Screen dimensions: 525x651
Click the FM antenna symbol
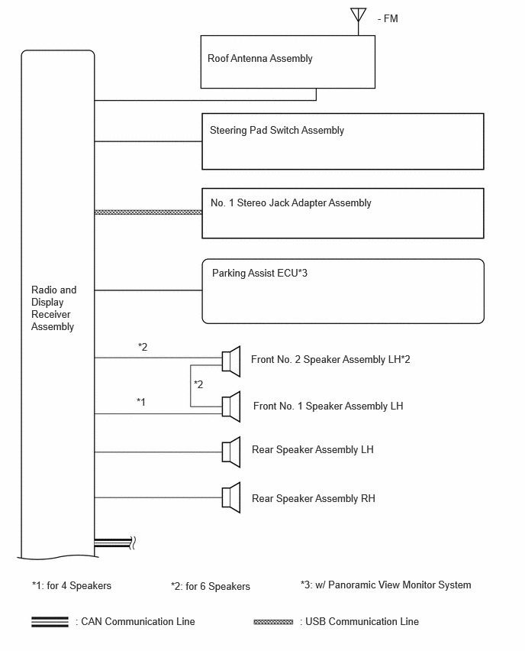pyautogui.click(x=359, y=21)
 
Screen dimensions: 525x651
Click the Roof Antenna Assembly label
pyautogui.click(x=260, y=59)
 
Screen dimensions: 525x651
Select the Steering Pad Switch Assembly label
pyautogui.click(x=277, y=131)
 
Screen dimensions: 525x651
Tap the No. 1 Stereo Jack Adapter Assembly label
pyautogui.click(x=291, y=202)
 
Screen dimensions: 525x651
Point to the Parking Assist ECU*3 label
pyautogui.click(x=259, y=274)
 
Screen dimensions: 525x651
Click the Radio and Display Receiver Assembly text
pyautogui.click(x=54, y=308)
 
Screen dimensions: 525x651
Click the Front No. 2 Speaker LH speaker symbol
pyautogui.click(x=231, y=361)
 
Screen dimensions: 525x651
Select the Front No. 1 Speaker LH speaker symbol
pyautogui.click(x=231, y=406)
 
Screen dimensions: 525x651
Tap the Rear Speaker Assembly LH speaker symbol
pyautogui.click(x=231, y=452)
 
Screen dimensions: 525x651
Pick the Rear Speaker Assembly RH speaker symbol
pyautogui.click(x=231, y=497)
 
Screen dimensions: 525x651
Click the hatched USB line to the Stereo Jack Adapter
pyautogui.click(x=149, y=212)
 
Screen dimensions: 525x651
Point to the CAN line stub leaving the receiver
pyautogui.click(x=113, y=542)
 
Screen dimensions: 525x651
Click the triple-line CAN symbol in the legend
pyautogui.click(x=50, y=621)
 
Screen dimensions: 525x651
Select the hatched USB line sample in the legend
pyautogui.click(x=273, y=622)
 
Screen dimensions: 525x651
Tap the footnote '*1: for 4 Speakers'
pyautogui.click(x=72, y=586)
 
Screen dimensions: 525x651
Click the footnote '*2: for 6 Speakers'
pyautogui.click(x=211, y=586)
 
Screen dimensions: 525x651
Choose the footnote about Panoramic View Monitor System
pyautogui.click(x=386, y=585)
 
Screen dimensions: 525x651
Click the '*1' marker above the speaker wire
pyautogui.click(x=141, y=402)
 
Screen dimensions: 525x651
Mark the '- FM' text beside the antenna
pyautogui.click(x=388, y=18)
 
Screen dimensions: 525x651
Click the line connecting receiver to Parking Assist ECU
pyautogui.click(x=149, y=290)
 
